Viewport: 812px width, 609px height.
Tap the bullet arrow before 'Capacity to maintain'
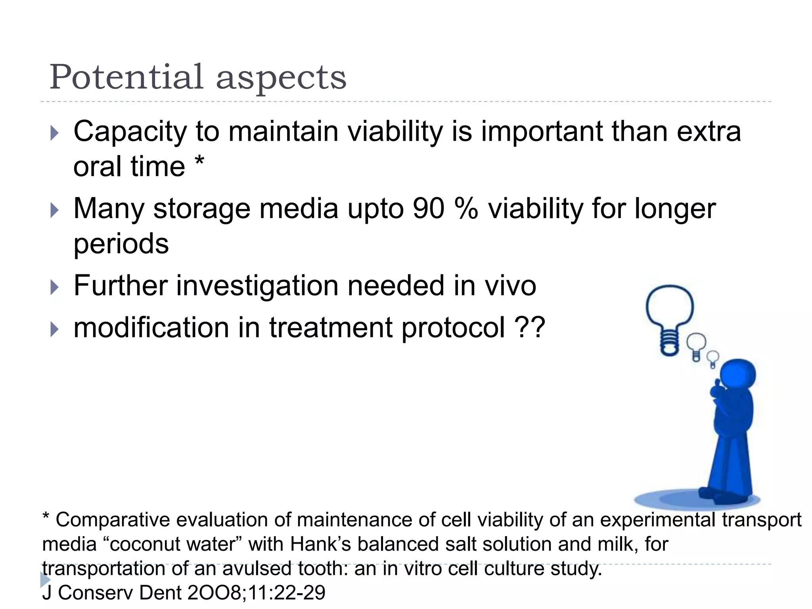click(x=55, y=133)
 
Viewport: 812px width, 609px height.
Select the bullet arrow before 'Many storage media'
click(x=55, y=210)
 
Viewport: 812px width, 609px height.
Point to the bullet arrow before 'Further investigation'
click(x=55, y=287)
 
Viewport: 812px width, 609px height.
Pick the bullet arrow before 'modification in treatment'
click(x=55, y=329)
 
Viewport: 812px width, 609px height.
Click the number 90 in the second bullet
click(x=428, y=209)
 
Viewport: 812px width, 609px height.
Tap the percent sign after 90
click(x=466, y=209)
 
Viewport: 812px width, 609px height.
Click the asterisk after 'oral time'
click(x=199, y=162)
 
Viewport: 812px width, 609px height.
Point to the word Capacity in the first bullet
click(x=130, y=132)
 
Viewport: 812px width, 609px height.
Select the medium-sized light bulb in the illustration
click(x=696, y=345)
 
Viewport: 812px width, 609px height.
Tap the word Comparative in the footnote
click(x=113, y=520)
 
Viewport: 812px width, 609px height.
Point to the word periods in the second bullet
click(x=121, y=244)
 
